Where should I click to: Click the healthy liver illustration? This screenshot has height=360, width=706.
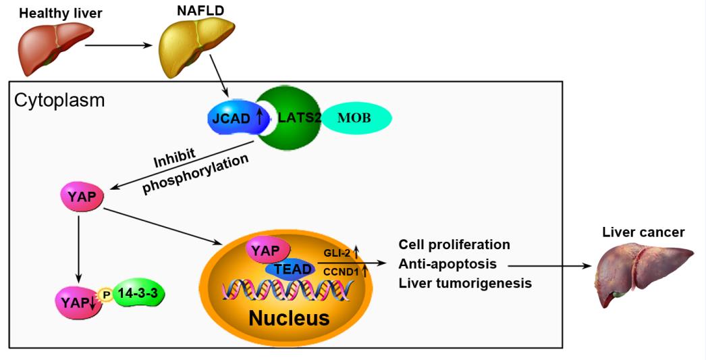(55, 48)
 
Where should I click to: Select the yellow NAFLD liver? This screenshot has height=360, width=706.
(196, 47)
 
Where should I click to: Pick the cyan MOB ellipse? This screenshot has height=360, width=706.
(356, 118)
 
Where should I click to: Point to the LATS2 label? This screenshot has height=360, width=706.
(300, 118)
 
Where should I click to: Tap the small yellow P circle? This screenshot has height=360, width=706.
(106, 295)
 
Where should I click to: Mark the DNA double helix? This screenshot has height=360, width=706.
(288, 290)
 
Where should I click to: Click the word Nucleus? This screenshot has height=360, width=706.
(289, 317)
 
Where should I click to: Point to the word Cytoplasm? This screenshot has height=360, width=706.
(59, 100)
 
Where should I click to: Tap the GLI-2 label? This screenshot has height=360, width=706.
(337, 253)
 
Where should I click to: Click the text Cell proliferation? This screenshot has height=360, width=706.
(454, 245)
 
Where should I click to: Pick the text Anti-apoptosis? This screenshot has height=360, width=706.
(447, 263)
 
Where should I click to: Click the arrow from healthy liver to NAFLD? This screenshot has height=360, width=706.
(118, 45)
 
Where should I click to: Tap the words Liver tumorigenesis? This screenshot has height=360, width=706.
(465, 283)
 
